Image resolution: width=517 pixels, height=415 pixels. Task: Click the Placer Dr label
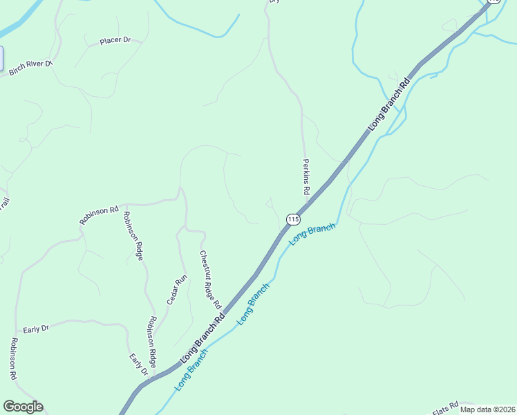click(x=115, y=41)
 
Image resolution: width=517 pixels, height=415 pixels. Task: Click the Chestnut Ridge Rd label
click(x=209, y=279)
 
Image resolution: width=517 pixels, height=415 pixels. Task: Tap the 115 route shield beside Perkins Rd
click(x=293, y=219)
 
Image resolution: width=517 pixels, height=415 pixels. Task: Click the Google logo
click(x=23, y=407)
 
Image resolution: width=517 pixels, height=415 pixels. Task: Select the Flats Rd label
click(x=445, y=408)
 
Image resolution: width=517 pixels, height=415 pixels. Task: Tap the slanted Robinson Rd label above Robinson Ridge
click(x=99, y=215)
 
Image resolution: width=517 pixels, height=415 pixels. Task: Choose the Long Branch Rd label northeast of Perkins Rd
click(x=389, y=104)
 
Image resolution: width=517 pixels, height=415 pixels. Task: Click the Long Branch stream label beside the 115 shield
click(x=312, y=232)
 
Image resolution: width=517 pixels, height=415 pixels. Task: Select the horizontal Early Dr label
click(x=36, y=329)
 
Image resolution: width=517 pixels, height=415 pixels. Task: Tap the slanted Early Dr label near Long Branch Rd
click(x=139, y=365)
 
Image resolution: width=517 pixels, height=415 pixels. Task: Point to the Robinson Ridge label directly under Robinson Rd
click(x=133, y=236)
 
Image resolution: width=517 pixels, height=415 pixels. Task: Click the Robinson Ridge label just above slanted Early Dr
click(x=151, y=336)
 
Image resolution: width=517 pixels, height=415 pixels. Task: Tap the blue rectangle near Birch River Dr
click(x=1, y=59)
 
